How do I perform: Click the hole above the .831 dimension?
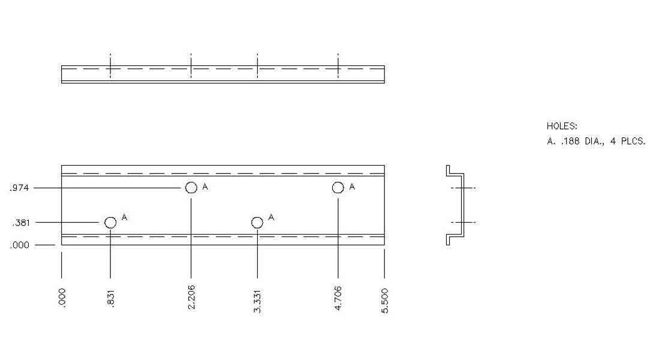click(110, 223)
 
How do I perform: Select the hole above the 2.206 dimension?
click(191, 188)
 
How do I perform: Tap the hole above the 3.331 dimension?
click(257, 223)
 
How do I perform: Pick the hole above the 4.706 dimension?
click(338, 188)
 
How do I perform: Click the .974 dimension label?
click(19, 188)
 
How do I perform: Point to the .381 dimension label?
click(20, 223)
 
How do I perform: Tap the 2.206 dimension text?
click(191, 298)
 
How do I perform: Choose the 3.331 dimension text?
click(257, 301)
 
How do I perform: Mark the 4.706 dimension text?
click(338, 298)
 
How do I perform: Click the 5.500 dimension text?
click(385, 300)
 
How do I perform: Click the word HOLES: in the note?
click(562, 127)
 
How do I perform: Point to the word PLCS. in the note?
click(633, 142)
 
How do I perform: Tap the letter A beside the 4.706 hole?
click(352, 187)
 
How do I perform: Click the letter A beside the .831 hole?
click(124, 217)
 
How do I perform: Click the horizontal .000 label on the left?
click(20, 245)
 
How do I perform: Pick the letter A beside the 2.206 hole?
click(205, 187)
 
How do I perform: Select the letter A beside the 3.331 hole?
click(271, 217)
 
